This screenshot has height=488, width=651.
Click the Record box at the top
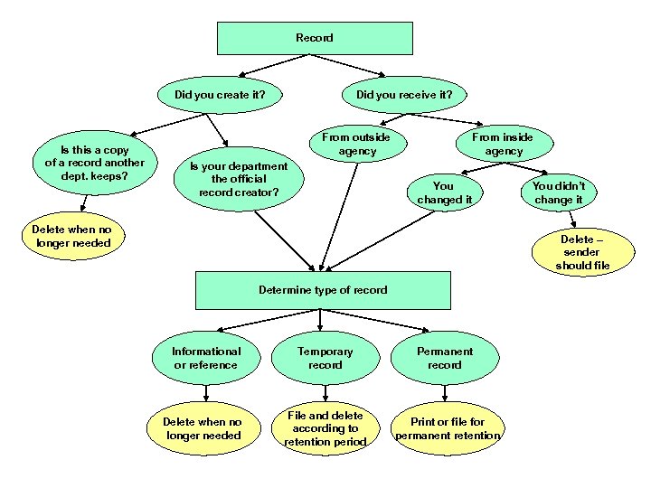(314, 38)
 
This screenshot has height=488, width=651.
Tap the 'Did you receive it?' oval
(404, 93)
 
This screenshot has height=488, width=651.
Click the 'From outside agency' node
(356, 145)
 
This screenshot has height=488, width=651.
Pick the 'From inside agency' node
(503, 145)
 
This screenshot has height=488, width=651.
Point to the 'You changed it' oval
(444, 192)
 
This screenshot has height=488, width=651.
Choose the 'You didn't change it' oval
(558, 192)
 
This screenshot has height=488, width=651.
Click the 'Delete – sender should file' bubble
(583, 252)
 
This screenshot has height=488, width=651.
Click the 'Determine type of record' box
(323, 290)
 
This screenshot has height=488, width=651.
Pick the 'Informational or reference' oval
(207, 358)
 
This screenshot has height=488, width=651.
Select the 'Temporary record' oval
(325, 358)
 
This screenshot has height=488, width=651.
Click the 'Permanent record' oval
(444, 358)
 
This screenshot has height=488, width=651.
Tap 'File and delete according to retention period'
(325, 428)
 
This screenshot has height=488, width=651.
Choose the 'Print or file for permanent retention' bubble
(448, 428)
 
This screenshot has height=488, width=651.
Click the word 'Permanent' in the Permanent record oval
(444, 352)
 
